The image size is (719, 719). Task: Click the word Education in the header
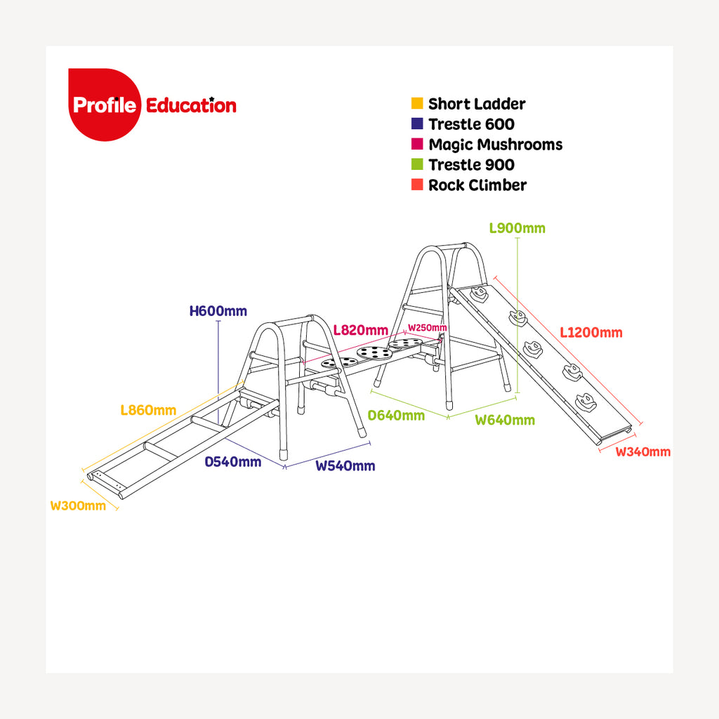tap(191, 105)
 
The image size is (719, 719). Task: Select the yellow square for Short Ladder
tap(417, 104)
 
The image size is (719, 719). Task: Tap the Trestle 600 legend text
tap(471, 124)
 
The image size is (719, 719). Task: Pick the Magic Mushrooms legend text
tap(495, 145)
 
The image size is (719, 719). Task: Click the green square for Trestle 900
tap(417, 165)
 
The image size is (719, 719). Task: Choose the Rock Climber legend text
tap(477, 185)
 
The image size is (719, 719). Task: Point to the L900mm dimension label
tap(517, 228)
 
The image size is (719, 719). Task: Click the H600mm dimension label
tap(218, 310)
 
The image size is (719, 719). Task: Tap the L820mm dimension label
tap(360, 330)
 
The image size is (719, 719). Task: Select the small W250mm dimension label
tap(427, 328)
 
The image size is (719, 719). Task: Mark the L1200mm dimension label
tap(591, 332)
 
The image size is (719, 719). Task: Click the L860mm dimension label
tap(147, 410)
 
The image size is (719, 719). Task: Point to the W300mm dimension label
tap(78, 506)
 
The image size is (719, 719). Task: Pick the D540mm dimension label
tap(233, 462)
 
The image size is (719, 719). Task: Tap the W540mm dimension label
tap(345, 466)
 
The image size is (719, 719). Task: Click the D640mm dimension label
tap(397, 415)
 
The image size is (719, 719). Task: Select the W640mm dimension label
tap(505, 420)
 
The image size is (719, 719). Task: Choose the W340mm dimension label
tap(642, 451)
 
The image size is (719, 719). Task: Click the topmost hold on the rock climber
tap(480, 295)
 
